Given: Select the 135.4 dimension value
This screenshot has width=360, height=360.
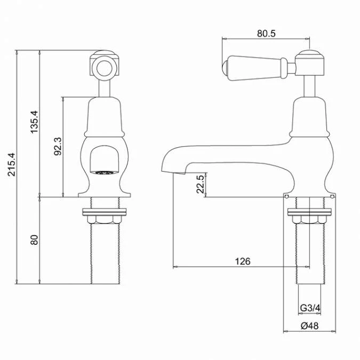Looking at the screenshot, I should [x=34, y=123].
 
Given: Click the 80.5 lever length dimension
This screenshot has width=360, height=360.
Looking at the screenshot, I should [x=266, y=33].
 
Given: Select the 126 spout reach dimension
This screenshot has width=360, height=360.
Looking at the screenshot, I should [x=243, y=261].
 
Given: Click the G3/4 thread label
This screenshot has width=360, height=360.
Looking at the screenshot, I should [x=309, y=308].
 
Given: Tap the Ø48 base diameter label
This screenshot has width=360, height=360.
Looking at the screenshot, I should [x=309, y=326].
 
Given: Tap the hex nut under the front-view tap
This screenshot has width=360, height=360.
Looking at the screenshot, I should [x=104, y=219].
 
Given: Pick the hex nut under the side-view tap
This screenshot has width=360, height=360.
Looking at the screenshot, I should [x=309, y=219].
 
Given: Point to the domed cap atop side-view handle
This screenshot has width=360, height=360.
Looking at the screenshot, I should [x=309, y=54].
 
